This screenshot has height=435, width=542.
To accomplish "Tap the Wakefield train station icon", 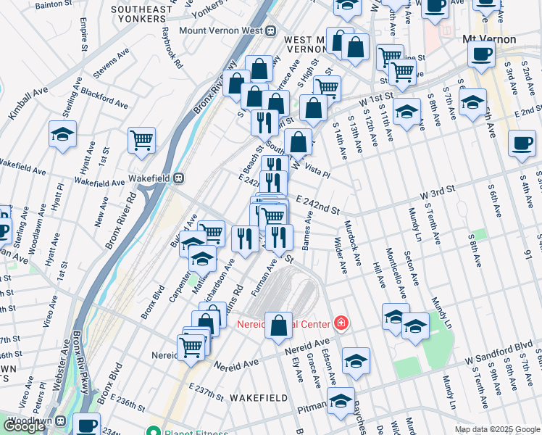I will coord(178,178).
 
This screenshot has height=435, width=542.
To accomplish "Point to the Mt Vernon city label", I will coord(489,38).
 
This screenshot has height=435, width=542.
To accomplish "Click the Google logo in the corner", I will coord(24,426).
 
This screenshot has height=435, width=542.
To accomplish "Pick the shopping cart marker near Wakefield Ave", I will coord(142,140).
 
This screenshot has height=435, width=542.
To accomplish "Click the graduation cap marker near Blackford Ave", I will coord(63,134).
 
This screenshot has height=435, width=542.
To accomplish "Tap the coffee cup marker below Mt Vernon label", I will coord(481,53).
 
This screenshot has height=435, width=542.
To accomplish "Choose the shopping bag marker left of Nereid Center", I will coord(279,326).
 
